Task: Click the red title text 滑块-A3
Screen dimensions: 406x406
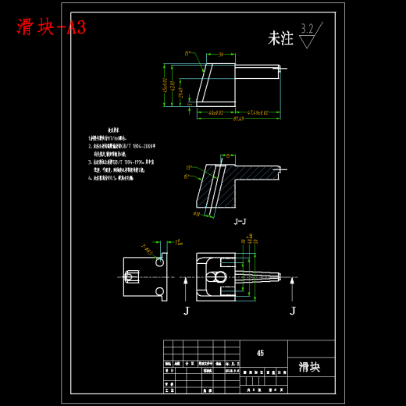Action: click(x=52, y=27)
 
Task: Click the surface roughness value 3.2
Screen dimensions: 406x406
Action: click(x=306, y=30)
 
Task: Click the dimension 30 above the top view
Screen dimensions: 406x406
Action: click(x=222, y=55)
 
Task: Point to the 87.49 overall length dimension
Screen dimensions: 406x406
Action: click(x=237, y=119)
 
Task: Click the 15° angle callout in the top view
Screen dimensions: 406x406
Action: click(x=187, y=54)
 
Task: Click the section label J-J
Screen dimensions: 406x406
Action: click(x=240, y=222)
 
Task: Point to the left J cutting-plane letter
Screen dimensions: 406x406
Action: click(x=186, y=311)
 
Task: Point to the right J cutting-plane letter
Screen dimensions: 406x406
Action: click(x=293, y=311)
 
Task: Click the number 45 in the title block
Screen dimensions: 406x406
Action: click(x=260, y=353)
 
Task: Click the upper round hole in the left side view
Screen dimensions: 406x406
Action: click(x=160, y=263)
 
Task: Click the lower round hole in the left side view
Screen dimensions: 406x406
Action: click(x=160, y=291)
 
